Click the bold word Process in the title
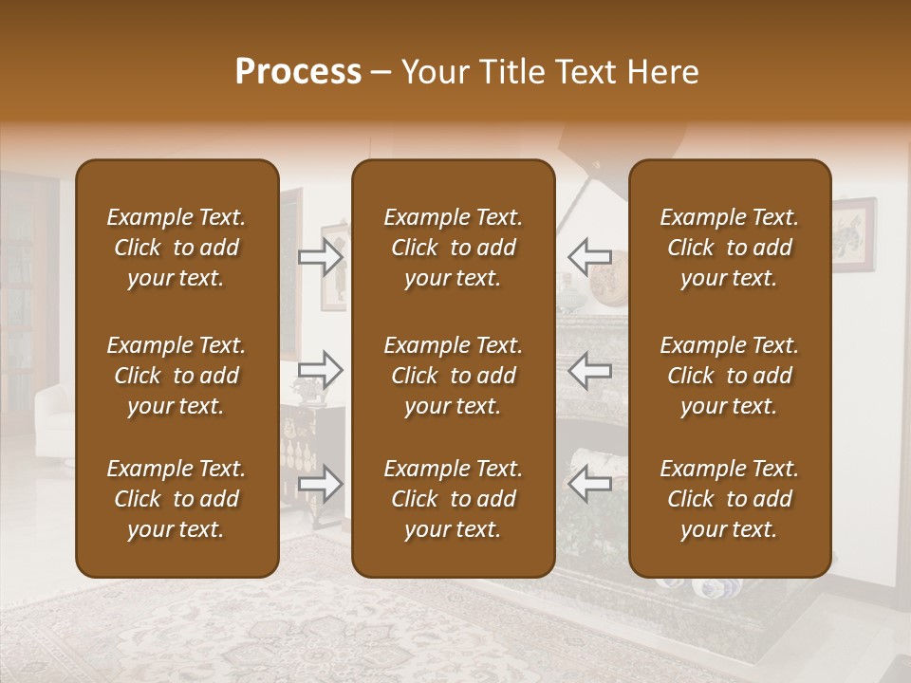coord(298,72)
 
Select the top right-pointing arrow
coord(321,256)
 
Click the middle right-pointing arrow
coord(321,370)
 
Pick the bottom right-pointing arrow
coord(321,484)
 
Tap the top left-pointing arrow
coord(590,256)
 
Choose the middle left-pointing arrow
coord(590,370)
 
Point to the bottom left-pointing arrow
coord(590,484)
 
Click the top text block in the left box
coord(177,248)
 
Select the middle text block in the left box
coord(177,376)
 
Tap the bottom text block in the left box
coord(177,499)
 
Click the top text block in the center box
coord(453,248)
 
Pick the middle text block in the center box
coord(453,376)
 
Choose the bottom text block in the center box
coord(453,499)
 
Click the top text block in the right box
coord(729,248)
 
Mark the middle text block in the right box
coord(729,376)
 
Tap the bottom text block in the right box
coord(729,499)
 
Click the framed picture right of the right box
coord(854,233)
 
